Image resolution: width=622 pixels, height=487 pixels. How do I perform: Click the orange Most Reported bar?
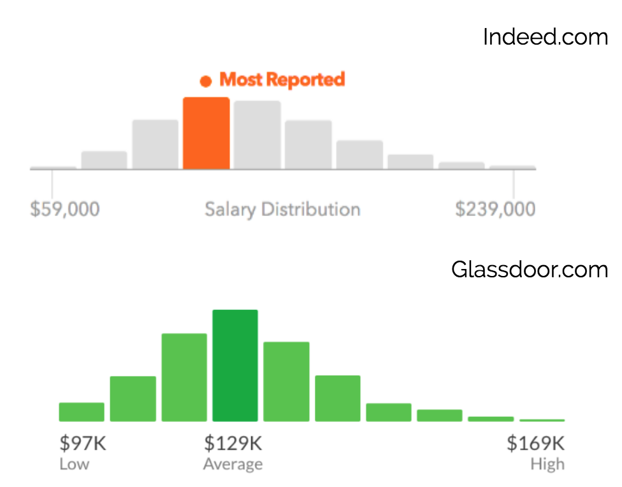tap(206, 133)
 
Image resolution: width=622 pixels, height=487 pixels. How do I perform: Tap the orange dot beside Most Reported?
tap(205, 81)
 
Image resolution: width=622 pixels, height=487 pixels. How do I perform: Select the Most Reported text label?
tap(282, 80)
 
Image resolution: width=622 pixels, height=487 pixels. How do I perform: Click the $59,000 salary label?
tap(64, 209)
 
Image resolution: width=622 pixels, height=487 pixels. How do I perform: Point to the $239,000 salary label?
tap(495, 209)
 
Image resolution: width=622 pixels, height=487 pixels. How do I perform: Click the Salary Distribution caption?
tap(282, 209)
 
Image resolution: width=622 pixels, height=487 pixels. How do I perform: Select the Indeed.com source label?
tap(546, 36)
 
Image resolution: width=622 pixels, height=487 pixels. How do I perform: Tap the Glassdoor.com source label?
tap(530, 270)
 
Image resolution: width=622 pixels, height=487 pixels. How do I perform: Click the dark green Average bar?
tap(235, 366)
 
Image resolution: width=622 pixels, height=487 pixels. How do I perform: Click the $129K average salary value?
tap(233, 443)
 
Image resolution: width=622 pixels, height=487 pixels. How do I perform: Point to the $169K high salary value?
tap(535, 443)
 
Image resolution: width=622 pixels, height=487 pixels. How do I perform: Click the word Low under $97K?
tap(74, 464)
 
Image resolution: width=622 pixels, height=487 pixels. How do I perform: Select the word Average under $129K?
tap(233, 464)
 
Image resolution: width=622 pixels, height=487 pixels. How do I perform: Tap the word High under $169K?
tap(547, 464)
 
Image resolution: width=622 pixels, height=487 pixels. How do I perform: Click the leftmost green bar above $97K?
tap(82, 412)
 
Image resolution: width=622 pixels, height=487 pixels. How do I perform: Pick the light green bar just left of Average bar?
tap(184, 377)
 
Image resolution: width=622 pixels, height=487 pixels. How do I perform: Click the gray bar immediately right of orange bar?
tap(257, 135)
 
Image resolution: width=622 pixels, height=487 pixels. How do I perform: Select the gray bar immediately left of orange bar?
tap(155, 145)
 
